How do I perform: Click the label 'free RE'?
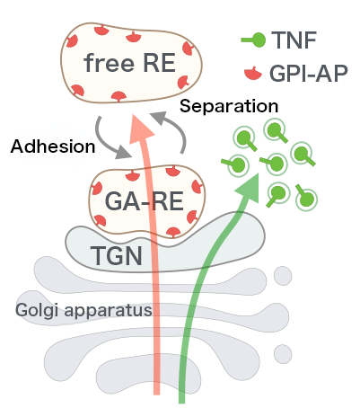pos(129,63)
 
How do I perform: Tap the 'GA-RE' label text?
pos(144,201)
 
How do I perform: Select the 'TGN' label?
pos(117,255)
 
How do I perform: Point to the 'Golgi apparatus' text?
pos(83,310)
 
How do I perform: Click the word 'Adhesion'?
pos(53,146)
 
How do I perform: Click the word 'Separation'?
pos(229,106)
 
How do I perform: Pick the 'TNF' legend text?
pos(294,40)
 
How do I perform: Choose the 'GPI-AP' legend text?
pos(309,73)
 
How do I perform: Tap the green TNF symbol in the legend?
pos(253,40)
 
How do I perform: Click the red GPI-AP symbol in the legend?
pos(253,74)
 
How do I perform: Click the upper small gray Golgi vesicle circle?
pos(283,276)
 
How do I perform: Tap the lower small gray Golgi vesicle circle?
pos(283,354)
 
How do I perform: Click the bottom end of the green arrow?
pos(181,403)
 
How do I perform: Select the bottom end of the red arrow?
pos(156,394)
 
